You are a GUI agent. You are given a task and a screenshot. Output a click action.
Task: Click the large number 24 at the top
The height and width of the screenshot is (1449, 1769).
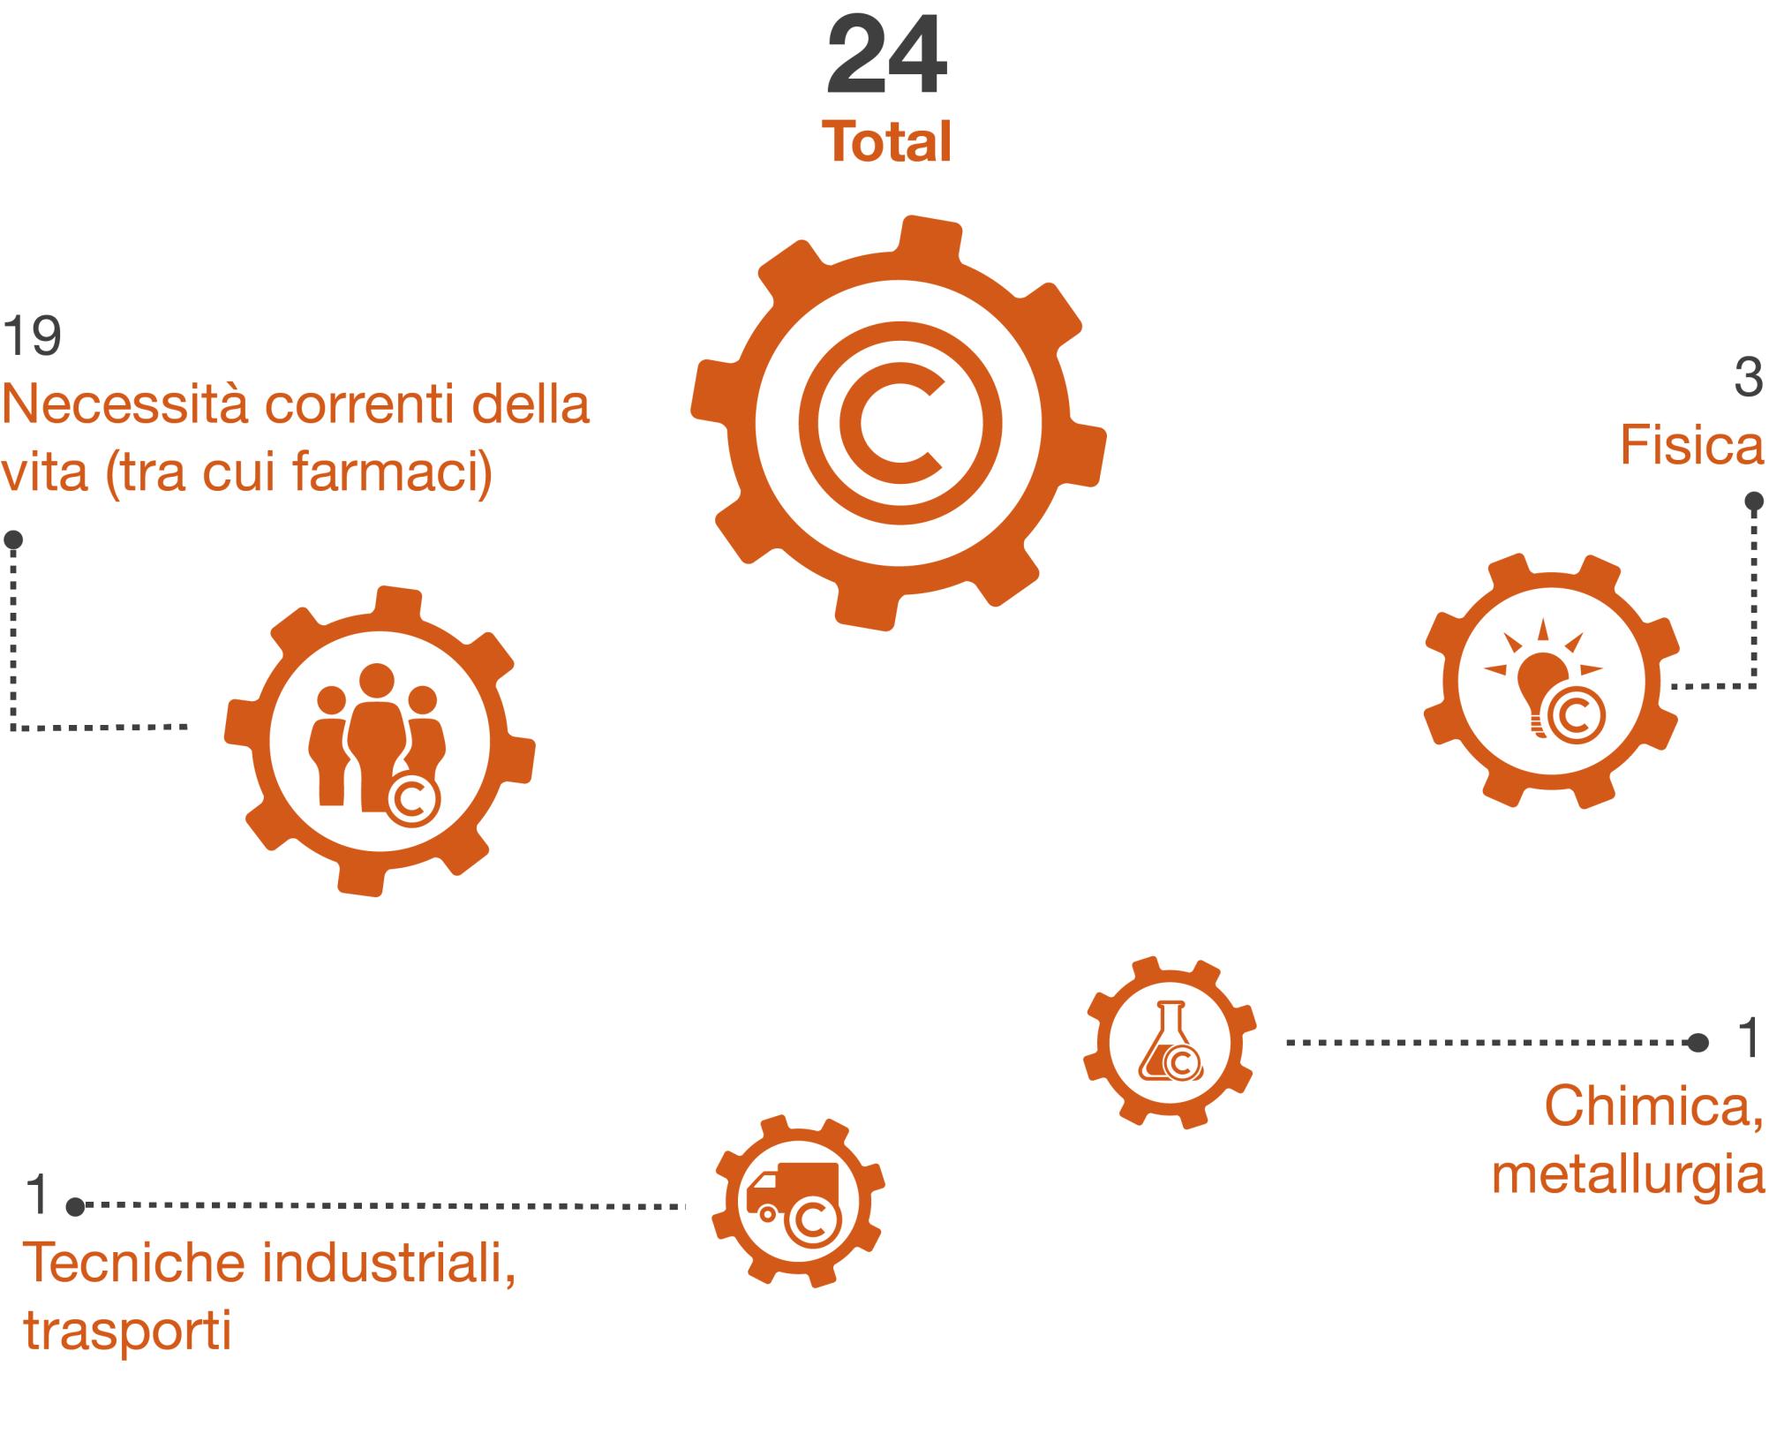click(x=887, y=57)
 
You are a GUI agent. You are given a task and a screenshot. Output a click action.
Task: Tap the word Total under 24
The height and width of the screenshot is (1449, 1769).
click(x=887, y=141)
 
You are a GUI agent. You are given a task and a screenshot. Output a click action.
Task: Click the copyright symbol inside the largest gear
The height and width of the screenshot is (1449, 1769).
click(x=900, y=422)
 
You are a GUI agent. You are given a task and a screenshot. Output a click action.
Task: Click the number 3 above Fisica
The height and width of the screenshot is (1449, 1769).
click(x=1749, y=377)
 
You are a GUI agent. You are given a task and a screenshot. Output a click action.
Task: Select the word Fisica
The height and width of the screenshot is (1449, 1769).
click(x=1691, y=445)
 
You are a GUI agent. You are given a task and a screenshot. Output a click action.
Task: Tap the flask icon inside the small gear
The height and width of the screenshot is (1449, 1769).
click(x=1168, y=1043)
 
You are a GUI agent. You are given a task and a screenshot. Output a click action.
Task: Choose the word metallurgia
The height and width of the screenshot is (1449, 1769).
click(x=1628, y=1175)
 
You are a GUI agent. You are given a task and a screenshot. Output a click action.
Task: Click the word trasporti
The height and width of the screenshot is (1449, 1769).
click(x=127, y=1332)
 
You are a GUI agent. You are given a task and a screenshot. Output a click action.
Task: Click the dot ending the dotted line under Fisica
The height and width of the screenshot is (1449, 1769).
click(x=1754, y=502)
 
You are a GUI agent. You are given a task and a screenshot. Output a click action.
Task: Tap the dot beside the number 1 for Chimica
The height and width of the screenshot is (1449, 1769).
click(x=1697, y=1043)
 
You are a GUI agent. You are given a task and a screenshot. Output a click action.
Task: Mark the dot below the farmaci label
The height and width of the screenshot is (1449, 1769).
click(x=13, y=540)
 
